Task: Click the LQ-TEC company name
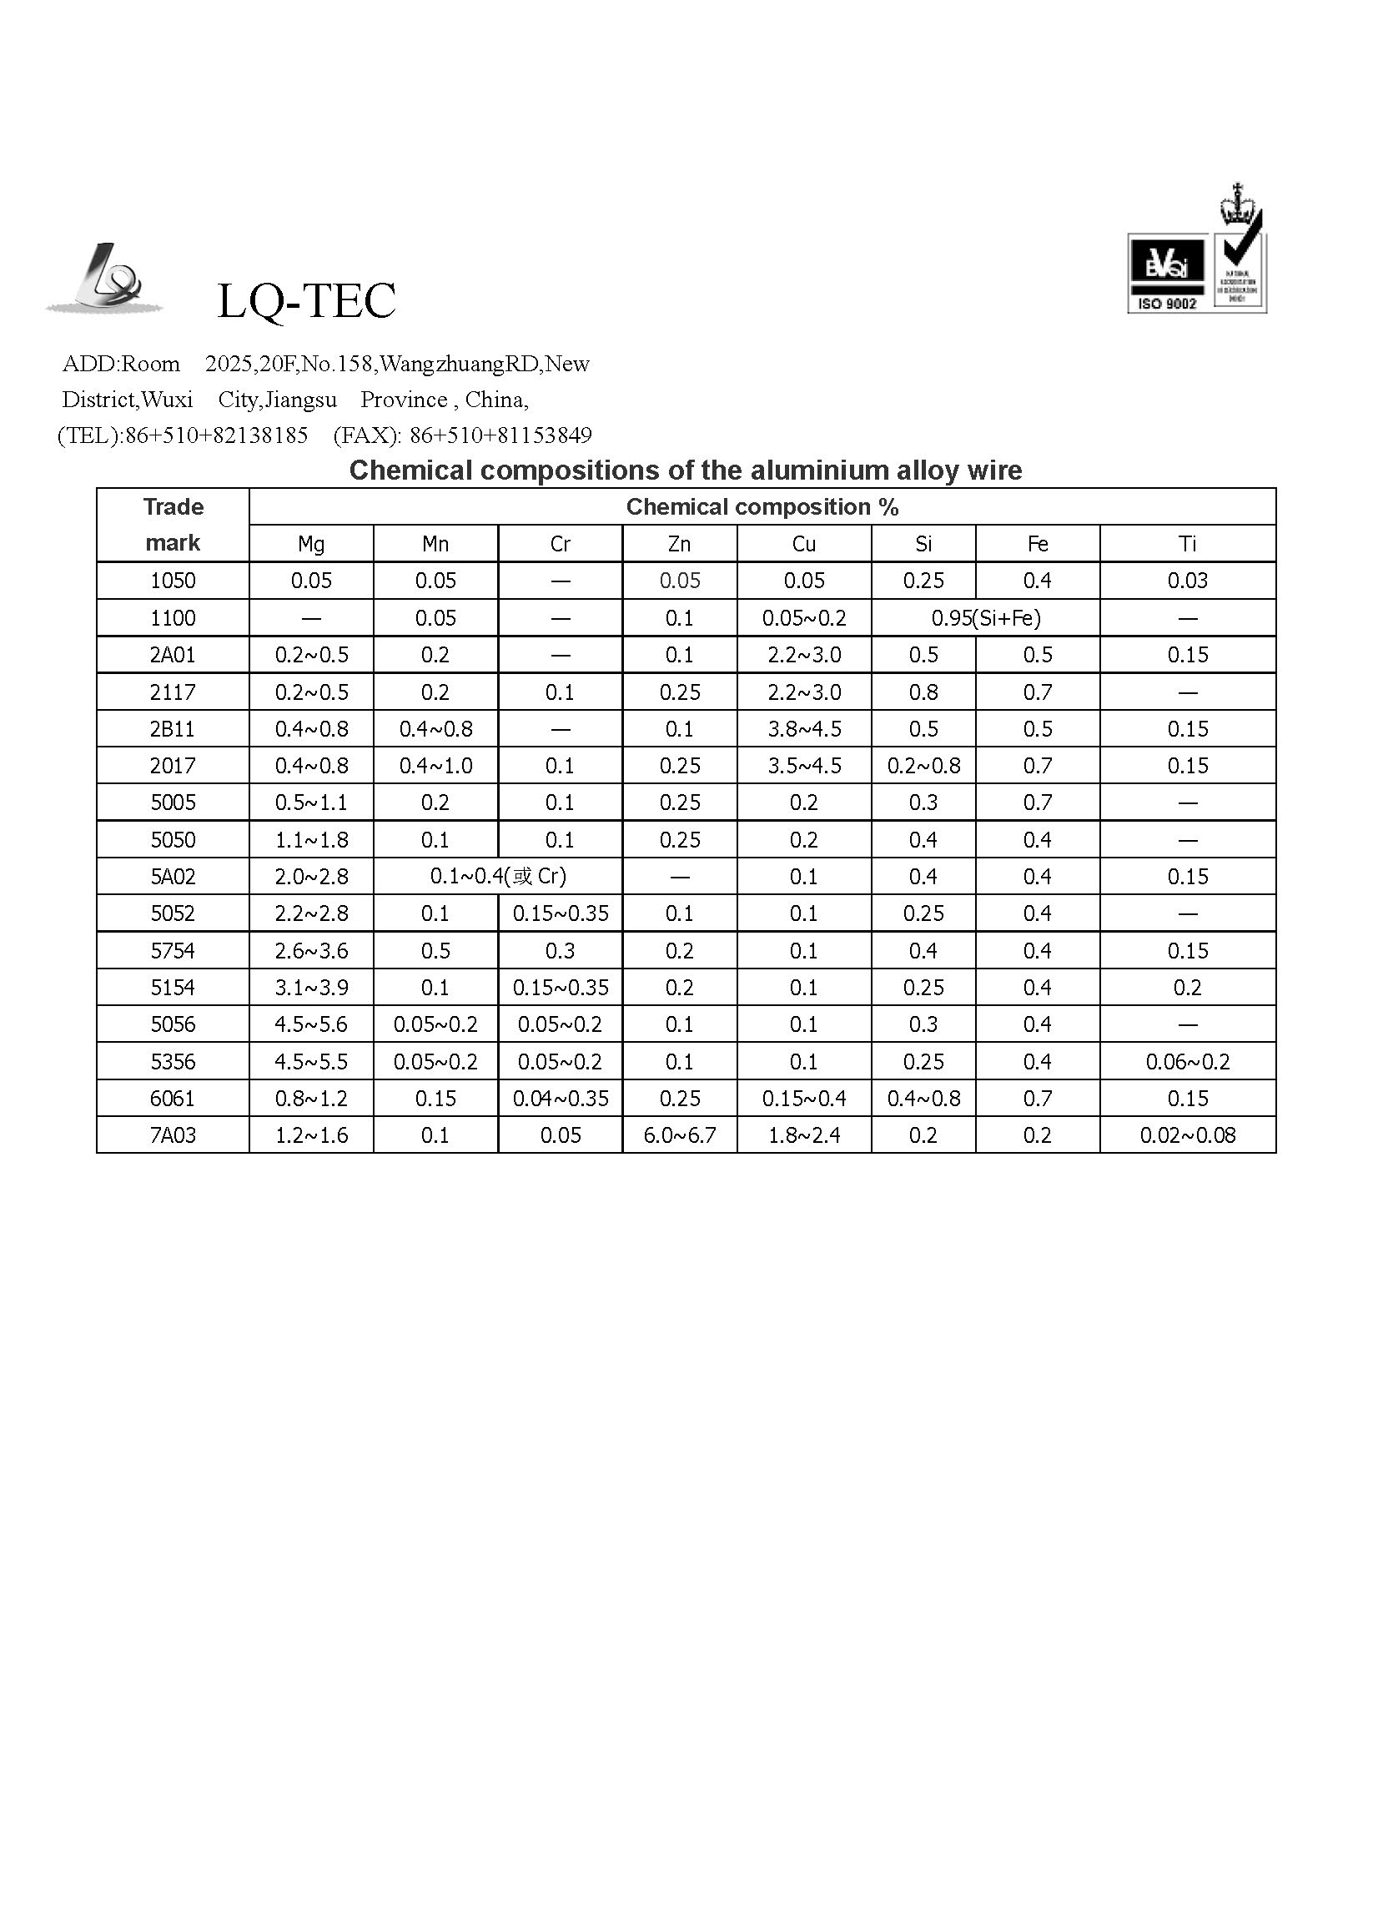coord(306,301)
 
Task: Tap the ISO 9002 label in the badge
coord(1167,304)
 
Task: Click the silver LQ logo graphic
coord(106,279)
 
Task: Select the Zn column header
coord(679,544)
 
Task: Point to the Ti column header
coord(1187,544)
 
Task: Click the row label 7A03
coord(173,1135)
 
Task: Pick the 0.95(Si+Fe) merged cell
coord(986,618)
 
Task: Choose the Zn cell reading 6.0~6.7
coord(679,1135)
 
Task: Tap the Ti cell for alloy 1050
coord(1187,581)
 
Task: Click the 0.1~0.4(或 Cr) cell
coord(498,876)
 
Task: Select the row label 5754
coord(173,950)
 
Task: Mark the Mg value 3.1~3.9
coord(311,988)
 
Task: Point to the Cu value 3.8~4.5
coord(804,729)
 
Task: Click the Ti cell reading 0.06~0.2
coord(1187,1061)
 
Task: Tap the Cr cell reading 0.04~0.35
coord(561,1099)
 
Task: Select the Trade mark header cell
coord(173,524)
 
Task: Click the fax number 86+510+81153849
coord(500,435)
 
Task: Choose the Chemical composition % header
coord(762,507)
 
